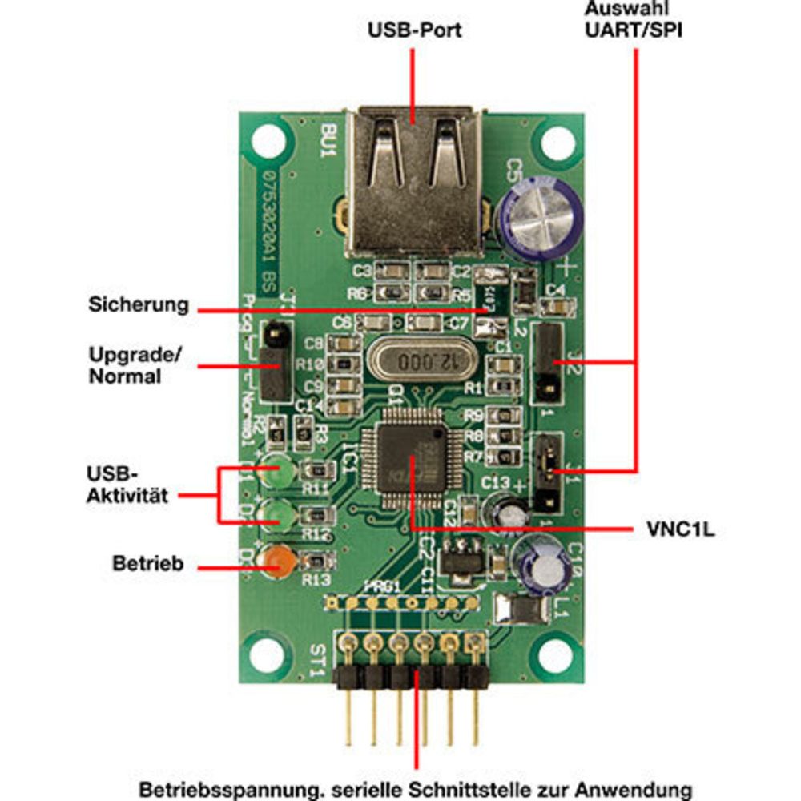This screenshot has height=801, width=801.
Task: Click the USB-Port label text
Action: [x=414, y=31]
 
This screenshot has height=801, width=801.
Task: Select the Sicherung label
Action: [x=139, y=304]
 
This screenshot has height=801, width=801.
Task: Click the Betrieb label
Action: [x=147, y=563]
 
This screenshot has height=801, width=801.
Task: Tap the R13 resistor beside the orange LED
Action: [x=316, y=562]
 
